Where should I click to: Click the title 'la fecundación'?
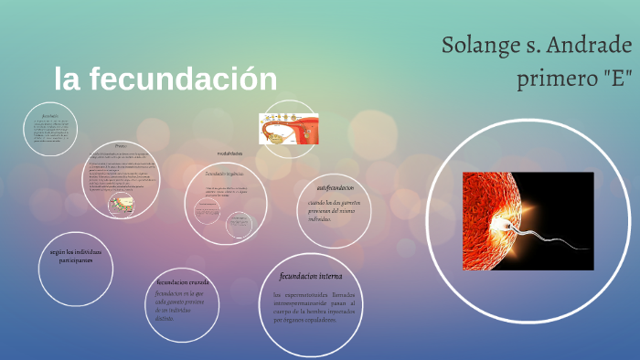coord(165,79)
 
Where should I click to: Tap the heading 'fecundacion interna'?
coord(311,276)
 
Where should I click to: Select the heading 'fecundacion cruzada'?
coord(182,282)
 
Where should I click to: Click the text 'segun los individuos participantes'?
coord(76,255)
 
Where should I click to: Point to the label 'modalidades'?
coord(229,154)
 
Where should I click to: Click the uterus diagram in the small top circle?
coord(288,129)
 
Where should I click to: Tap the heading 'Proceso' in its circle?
coord(121,146)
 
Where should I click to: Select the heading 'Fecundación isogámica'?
coord(224,173)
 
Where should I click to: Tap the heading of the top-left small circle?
coord(49,117)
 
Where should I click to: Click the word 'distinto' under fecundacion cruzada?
coord(165,319)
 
